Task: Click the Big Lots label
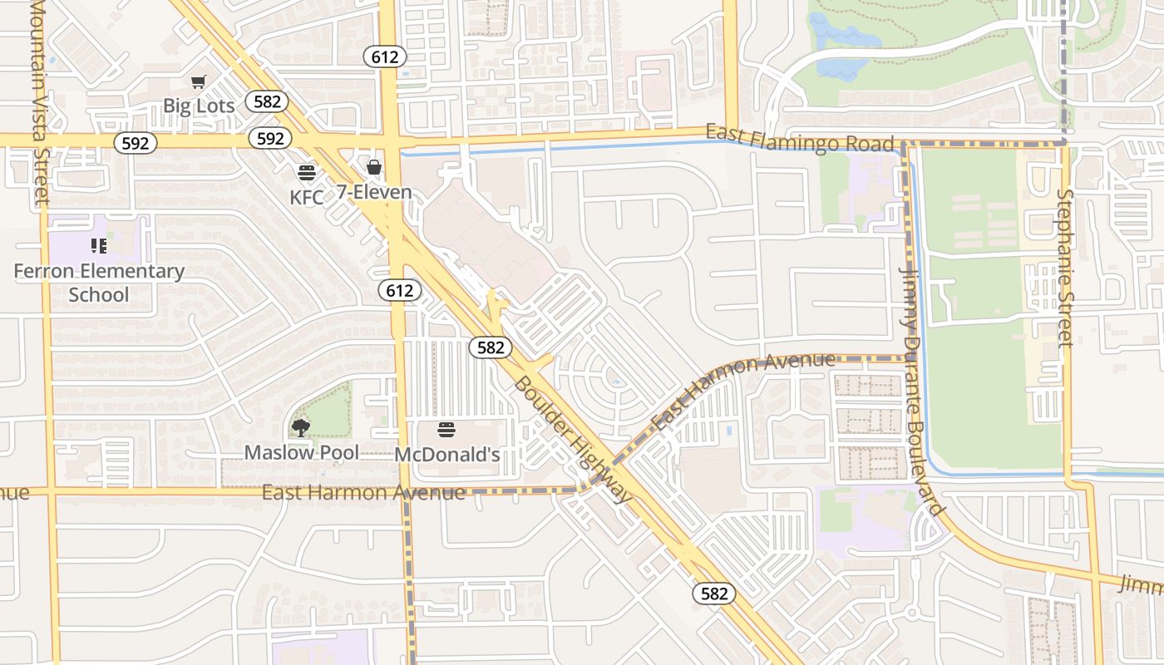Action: (x=199, y=106)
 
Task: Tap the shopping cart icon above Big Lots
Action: (x=198, y=81)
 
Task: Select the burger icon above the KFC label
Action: (x=307, y=173)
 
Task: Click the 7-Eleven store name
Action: (x=374, y=192)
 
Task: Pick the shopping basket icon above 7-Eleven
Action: (x=374, y=167)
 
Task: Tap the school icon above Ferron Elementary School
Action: (x=99, y=246)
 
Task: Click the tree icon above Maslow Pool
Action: (x=301, y=428)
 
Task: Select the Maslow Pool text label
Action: (x=301, y=452)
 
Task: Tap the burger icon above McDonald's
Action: (x=446, y=430)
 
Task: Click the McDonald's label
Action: (x=446, y=455)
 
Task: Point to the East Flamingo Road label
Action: (x=800, y=139)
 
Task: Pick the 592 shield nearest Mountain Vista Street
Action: (x=135, y=143)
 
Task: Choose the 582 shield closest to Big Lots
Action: (x=267, y=101)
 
